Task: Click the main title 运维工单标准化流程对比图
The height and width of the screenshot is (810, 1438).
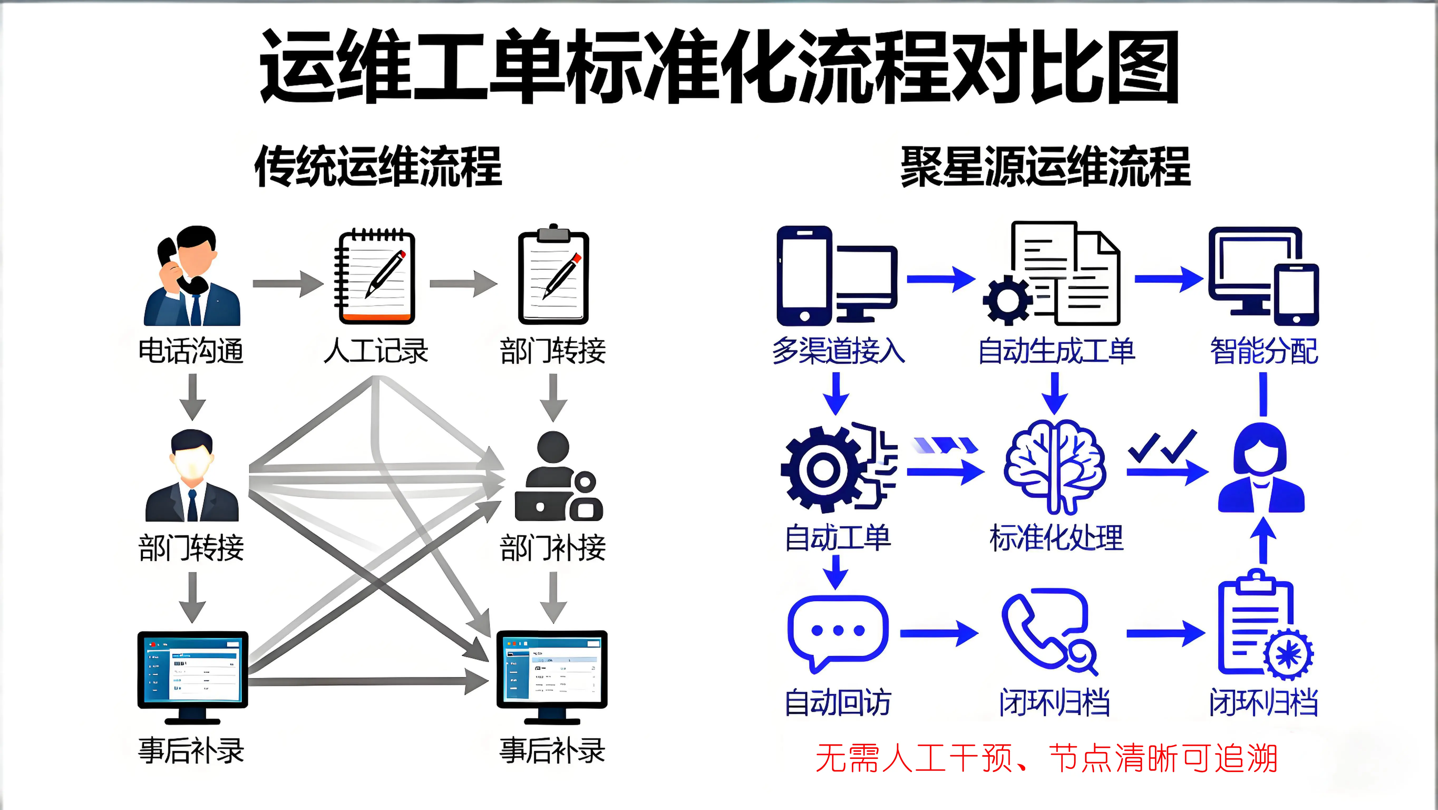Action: pyautogui.click(x=719, y=67)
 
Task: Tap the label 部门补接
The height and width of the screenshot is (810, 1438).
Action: pyautogui.click(x=553, y=547)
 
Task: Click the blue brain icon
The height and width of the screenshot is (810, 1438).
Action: pyautogui.click(x=1055, y=466)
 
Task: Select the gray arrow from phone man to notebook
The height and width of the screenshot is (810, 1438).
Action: pyautogui.click(x=288, y=284)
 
